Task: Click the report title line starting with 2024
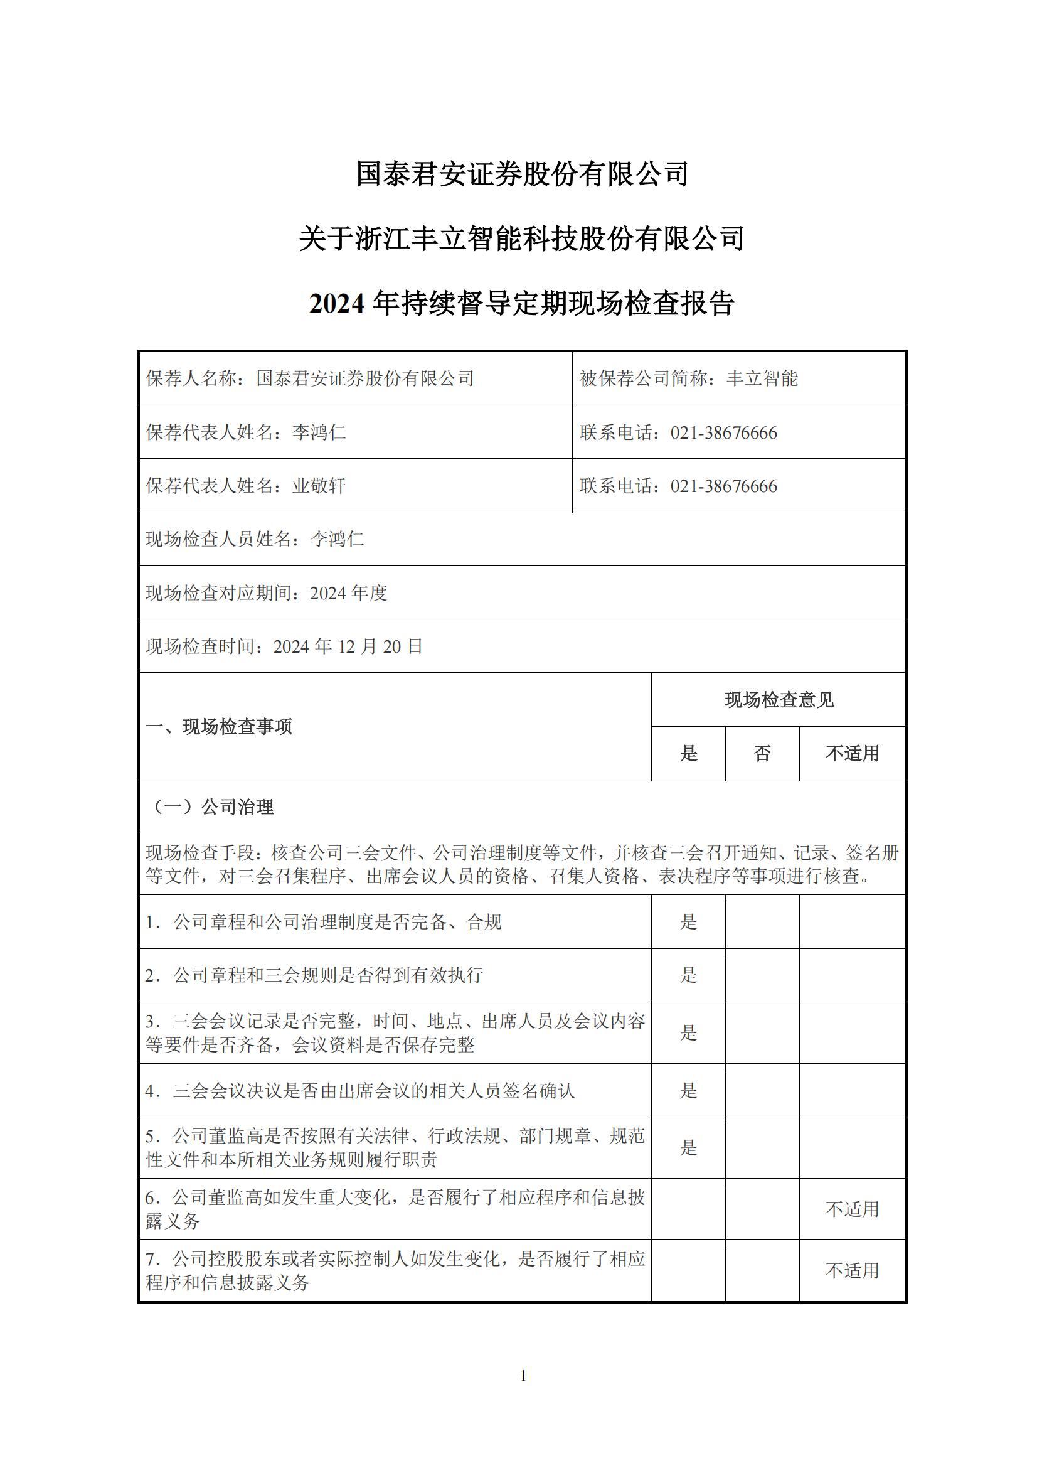tap(521, 303)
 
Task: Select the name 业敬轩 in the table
tap(319, 486)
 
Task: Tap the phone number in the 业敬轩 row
tap(723, 486)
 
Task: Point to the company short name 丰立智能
tap(762, 378)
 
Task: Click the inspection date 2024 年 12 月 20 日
tap(348, 646)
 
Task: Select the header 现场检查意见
tap(779, 700)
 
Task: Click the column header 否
tap(762, 754)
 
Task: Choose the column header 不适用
tap(853, 754)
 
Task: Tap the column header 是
tap(688, 754)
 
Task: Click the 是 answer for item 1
tap(688, 922)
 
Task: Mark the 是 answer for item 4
tap(688, 1091)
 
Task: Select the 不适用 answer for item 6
tap(853, 1209)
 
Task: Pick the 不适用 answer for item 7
tap(853, 1270)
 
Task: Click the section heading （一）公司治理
tap(211, 807)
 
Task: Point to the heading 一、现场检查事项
tap(219, 727)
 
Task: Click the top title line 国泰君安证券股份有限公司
tap(521, 174)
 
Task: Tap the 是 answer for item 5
tap(688, 1148)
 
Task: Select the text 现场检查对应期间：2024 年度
tap(267, 593)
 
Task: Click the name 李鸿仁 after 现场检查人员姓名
tap(337, 540)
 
